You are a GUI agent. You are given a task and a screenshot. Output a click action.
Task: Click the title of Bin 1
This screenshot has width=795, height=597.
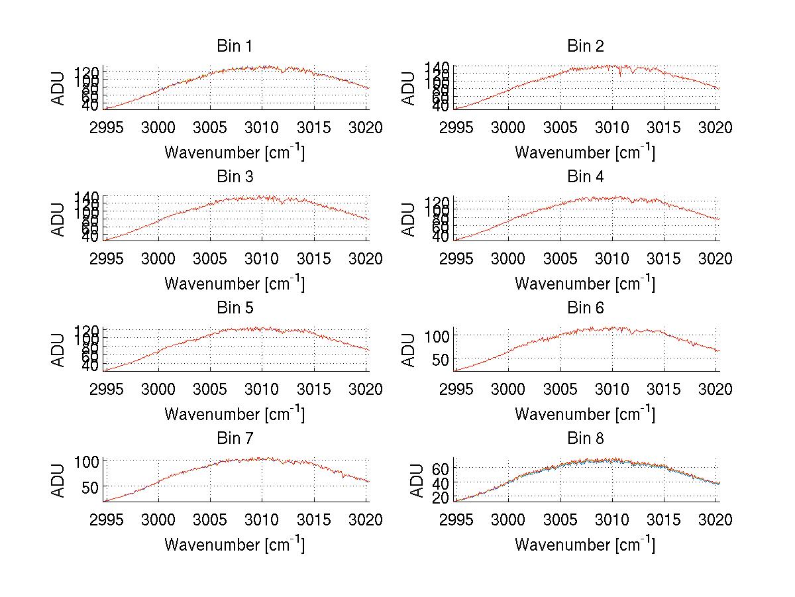click(234, 46)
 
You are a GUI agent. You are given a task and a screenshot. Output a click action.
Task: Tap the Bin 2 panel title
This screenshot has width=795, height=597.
click(585, 46)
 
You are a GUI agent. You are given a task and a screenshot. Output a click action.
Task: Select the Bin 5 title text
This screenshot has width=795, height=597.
click(234, 307)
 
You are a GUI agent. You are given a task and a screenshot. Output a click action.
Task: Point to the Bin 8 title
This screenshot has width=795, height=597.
click(585, 438)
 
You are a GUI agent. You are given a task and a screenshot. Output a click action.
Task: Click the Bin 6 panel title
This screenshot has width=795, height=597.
click(585, 307)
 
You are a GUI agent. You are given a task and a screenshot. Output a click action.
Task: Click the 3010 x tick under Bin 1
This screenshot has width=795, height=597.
click(262, 128)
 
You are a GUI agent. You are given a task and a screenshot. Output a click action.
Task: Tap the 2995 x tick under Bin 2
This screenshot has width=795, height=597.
click(456, 128)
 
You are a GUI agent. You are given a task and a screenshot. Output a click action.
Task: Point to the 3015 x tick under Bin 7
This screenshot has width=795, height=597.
click(314, 520)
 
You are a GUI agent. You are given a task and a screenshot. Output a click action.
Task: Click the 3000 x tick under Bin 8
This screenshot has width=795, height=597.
click(508, 520)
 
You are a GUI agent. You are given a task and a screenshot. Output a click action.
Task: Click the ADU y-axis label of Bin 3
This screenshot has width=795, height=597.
click(59, 219)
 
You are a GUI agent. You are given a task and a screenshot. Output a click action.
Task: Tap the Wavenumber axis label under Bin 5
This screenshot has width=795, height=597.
click(234, 414)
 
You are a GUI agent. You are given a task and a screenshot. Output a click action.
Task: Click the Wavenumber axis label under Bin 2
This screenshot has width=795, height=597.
click(585, 152)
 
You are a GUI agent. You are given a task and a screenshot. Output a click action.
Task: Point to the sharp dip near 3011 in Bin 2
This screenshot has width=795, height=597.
click(620, 76)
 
